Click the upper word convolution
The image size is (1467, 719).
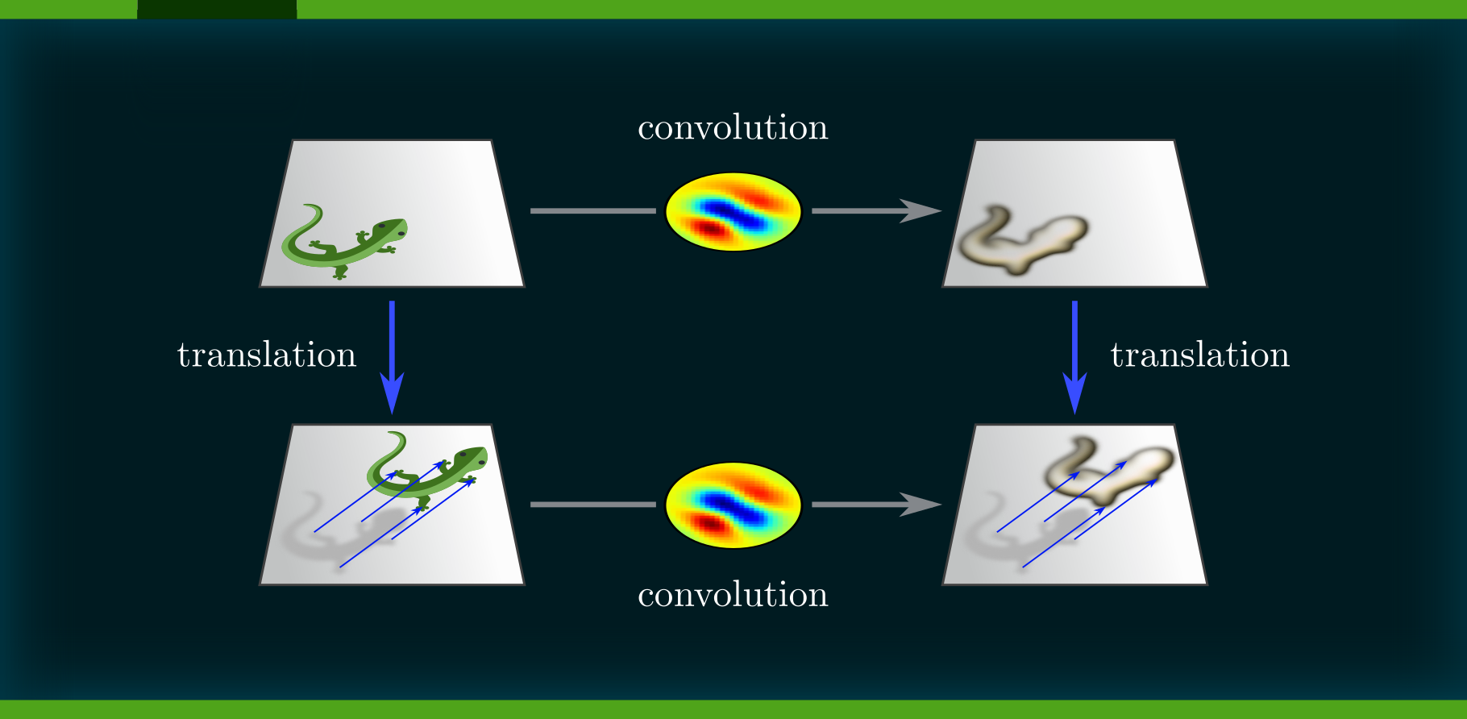click(732, 128)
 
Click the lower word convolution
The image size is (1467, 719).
click(732, 596)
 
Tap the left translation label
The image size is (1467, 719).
click(267, 355)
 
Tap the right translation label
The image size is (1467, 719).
click(1199, 355)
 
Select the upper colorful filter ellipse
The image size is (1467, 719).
click(733, 212)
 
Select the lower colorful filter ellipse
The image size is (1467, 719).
click(733, 505)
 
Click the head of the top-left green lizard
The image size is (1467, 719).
click(390, 230)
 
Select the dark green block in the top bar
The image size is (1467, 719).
click(217, 9)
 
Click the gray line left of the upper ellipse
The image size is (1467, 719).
click(592, 211)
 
